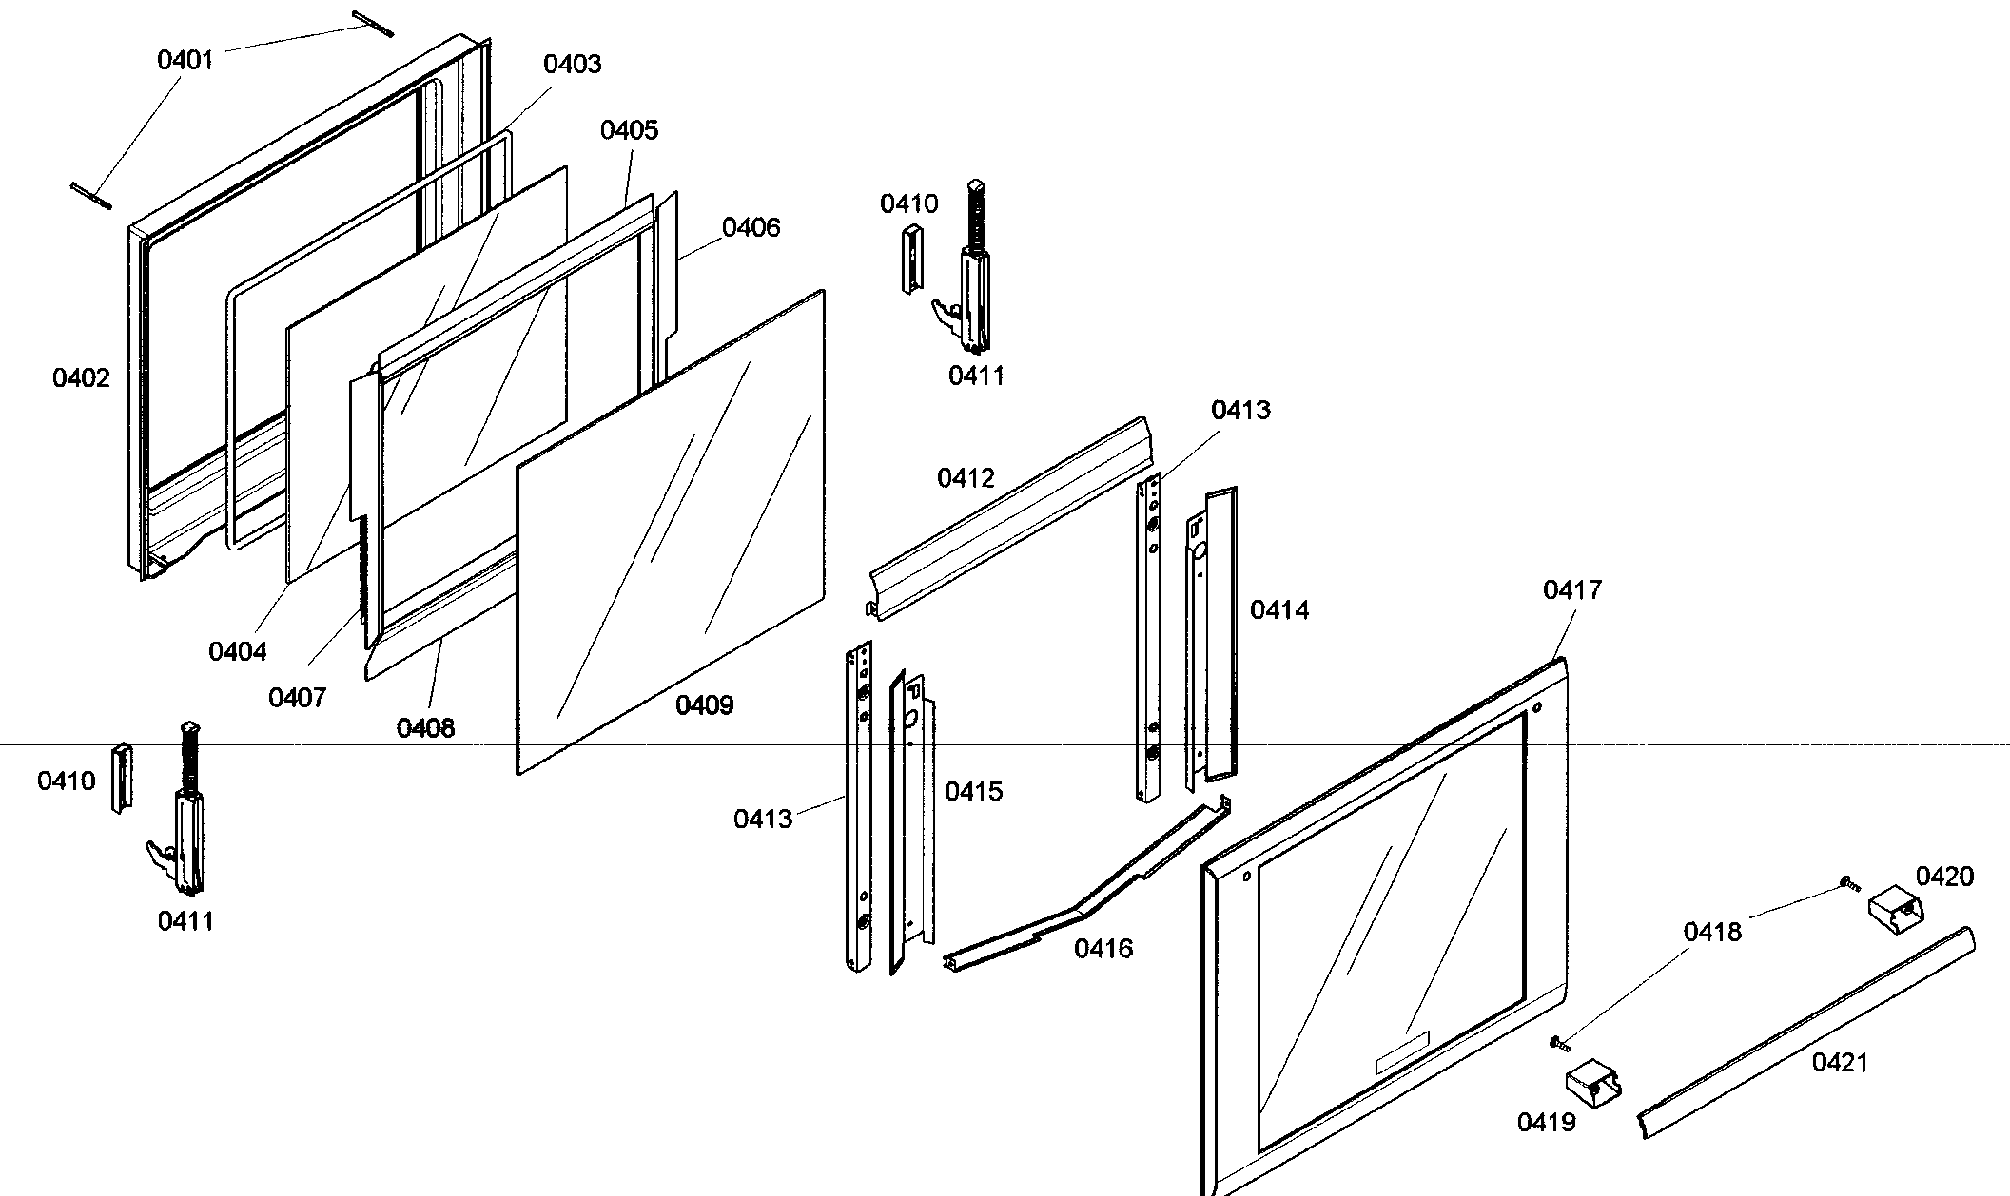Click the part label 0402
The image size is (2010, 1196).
[81, 378]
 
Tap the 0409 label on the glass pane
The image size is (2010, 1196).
[704, 705]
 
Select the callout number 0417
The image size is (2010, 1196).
[1571, 590]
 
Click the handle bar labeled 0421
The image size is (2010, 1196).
[1805, 1032]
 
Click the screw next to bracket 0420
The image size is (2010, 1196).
[1842, 883]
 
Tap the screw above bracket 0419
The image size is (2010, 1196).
[1558, 1043]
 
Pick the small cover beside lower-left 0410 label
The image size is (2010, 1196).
[122, 778]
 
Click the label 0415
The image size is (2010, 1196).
[973, 792]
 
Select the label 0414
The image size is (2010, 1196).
[1278, 610]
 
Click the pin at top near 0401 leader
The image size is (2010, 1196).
[372, 24]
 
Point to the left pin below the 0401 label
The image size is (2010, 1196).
[91, 195]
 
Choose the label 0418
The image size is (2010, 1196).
[1712, 932]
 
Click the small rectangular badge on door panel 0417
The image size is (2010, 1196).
[1402, 1052]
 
